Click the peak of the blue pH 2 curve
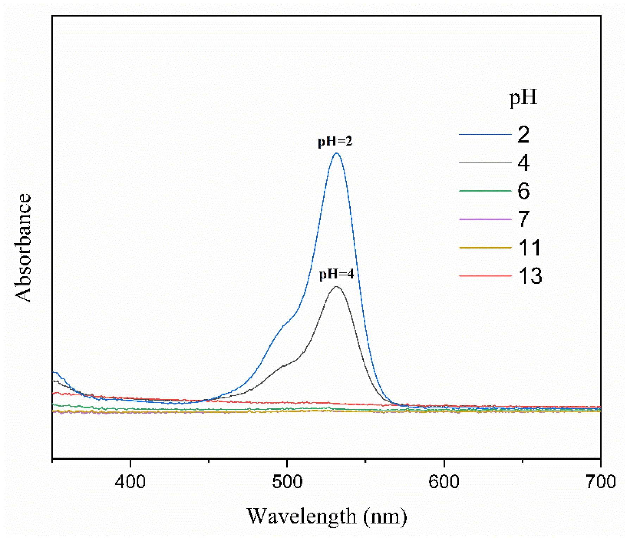(336, 153)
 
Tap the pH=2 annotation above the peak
(335, 141)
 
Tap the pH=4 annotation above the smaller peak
(336, 274)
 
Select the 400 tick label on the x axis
(130, 481)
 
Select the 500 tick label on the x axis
(287, 481)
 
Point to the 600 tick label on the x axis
(444, 481)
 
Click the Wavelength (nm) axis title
(326, 516)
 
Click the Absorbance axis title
(23, 247)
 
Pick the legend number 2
(523, 134)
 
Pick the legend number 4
(523, 163)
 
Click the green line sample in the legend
(485, 191)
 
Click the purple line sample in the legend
(485, 219)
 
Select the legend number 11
(530, 247)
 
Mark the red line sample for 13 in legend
(485, 276)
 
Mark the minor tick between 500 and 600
(365, 460)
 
